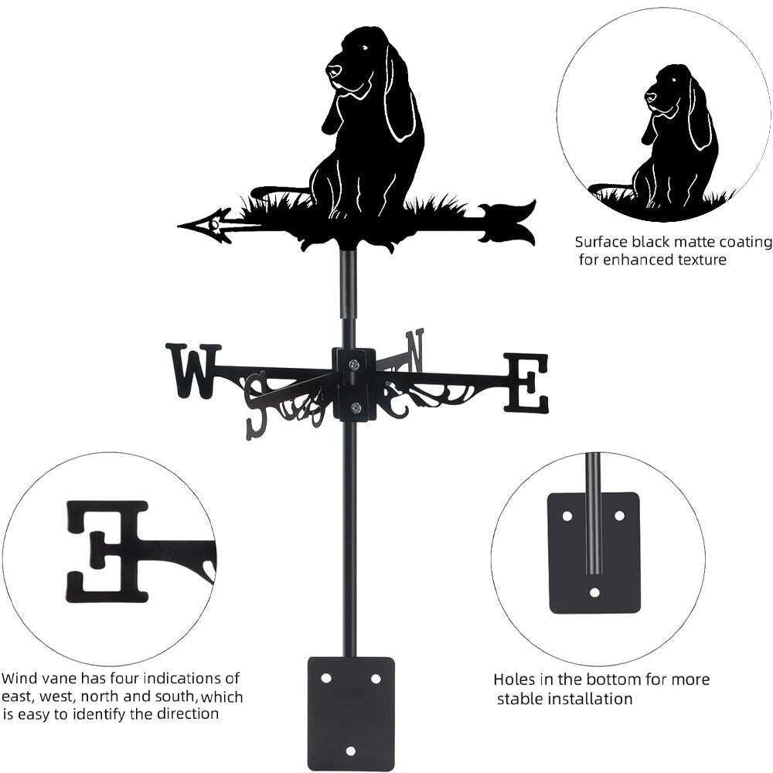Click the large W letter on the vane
(192, 371)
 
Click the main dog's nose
(332, 71)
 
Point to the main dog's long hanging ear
(400, 100)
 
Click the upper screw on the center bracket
(353, 364)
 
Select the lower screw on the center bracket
(355, 407)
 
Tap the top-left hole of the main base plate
(326, 677)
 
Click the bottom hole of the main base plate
(351, 750)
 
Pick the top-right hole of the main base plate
(376, 678)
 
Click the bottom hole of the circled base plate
(594, 592)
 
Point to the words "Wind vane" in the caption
(35, 679)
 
